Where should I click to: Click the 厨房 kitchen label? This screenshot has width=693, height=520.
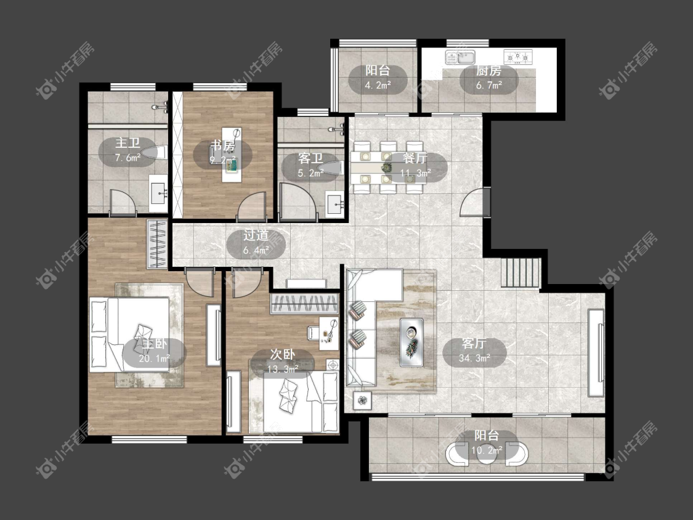[489, 71]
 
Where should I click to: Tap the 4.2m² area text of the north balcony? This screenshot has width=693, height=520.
[378, 85]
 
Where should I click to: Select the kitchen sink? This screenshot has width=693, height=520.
[460, 57]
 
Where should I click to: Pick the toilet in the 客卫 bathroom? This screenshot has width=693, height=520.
[333, 168]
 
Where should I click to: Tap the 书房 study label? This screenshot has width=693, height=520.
[222, 145]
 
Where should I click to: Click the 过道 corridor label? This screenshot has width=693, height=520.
[256, 236]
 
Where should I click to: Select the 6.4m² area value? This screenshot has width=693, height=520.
[256, 251]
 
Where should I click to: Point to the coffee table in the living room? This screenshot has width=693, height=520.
[411, 342]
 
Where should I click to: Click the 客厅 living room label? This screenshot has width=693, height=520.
[474, 344]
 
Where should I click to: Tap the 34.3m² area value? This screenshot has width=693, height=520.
[475, 358]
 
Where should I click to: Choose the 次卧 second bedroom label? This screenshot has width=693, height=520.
[282, 354]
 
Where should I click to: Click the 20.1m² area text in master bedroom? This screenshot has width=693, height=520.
[154, 359]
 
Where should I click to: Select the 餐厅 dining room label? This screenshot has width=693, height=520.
[415, 158]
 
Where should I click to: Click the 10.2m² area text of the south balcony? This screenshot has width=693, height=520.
[487, 450]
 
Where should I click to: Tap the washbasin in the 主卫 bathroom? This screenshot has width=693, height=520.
[158, 193]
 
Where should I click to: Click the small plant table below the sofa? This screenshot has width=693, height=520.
[363, 400]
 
